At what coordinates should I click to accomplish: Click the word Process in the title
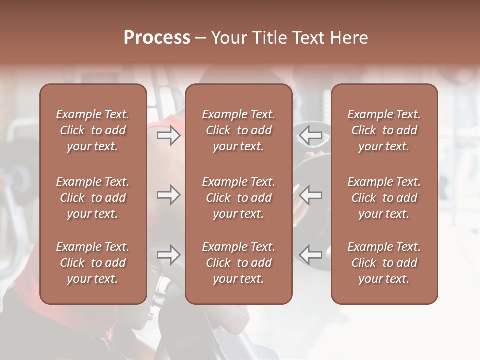[x=157, y=37]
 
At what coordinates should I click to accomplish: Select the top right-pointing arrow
[x=168, y=135]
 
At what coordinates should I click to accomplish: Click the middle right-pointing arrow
[x=168, y=195]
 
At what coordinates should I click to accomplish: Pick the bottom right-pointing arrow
[x=168, y=255]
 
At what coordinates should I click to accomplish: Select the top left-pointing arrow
[x=311, y=135]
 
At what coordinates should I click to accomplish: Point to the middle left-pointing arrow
[x=311, y=195]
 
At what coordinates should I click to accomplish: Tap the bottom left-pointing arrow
[x=311, y=255]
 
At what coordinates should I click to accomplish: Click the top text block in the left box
[x=93, y=130]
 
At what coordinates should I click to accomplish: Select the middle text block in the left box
[x=93, y=198]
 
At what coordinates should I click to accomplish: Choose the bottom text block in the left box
[x=93, y=263]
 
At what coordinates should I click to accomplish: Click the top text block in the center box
[x=238, y=130]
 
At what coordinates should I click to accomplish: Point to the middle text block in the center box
[x=238, y=198]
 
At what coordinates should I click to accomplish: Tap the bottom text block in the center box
[x=238, y=263]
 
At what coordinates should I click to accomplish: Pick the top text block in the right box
[x=384, y=130]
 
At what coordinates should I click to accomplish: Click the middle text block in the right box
[x=384, y=198]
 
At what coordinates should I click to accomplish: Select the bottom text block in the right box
[x=384, y=263]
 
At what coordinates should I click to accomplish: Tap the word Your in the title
[x=228, y=37]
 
